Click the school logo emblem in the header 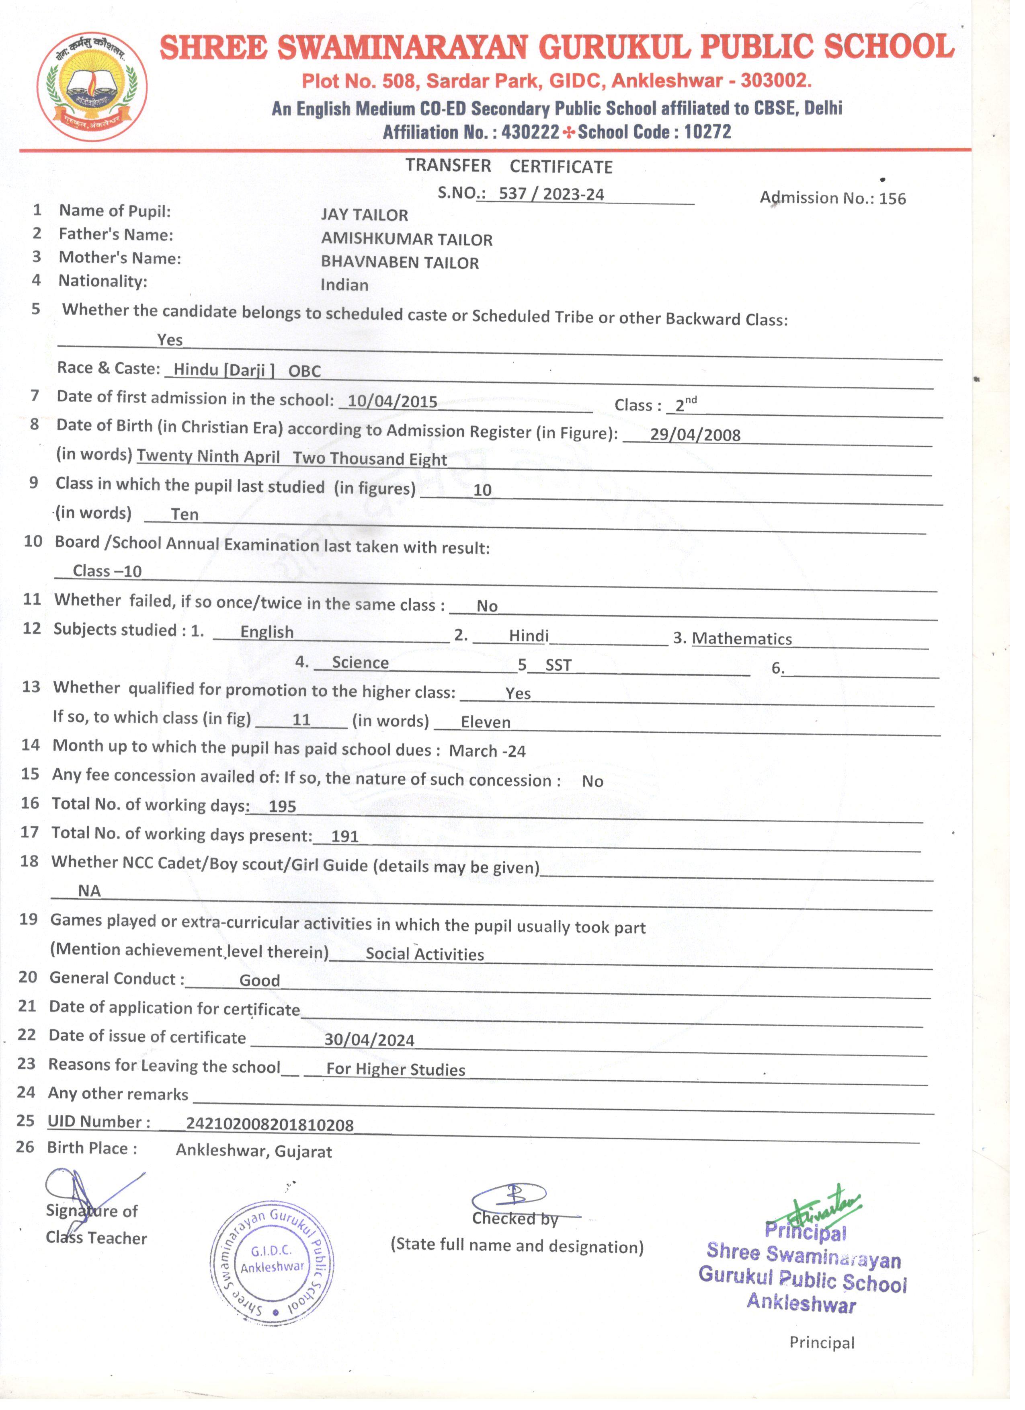pos(92,86)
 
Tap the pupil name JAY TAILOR pos(364,215)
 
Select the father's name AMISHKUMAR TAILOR pos(406,239)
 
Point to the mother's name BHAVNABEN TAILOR pos(400,263)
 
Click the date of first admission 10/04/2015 pos(392,402)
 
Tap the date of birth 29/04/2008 pos(695,435)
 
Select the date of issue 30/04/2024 pos(369,1040)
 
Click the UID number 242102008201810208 pos(270,1125)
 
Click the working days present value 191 pos(345,837)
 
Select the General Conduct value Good pos(260,981)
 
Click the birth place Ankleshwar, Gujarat pos(254,1151)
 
